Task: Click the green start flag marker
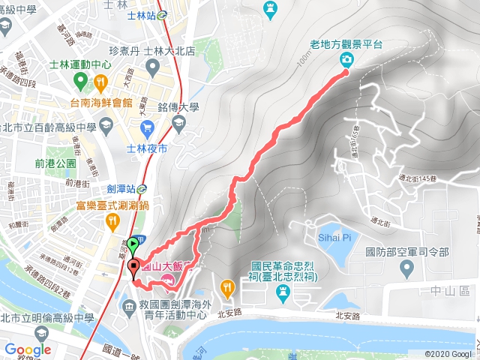pyautogui.click(x=133, y=243)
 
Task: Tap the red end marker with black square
pyautogui.click(x=133, y=266)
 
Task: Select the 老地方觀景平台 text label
pyautogui.click(x=347, y=43)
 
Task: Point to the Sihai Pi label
pyautogui.click(x=336, y=237)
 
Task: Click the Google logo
pyautogui.click(x=28, y=349)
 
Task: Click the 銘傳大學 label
pyautogui.click(x=178, y=106)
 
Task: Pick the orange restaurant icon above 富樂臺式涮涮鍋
pyautogui.click(x=112, y=220)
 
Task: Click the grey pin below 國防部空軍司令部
pyautogui.click(x=407, y=268)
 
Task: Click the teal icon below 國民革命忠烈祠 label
pyautogui.click(x=283, y=292)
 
